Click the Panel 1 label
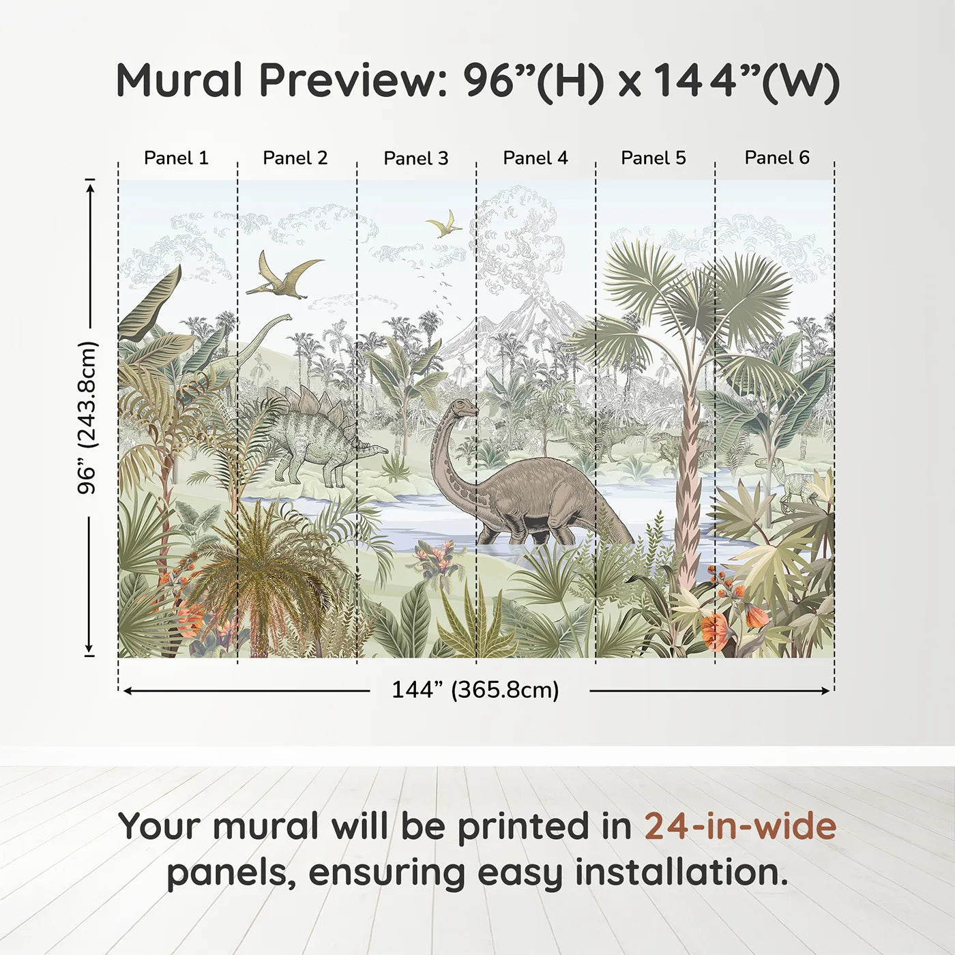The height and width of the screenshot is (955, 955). click(176, 158)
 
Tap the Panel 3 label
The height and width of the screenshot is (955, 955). click(416, 158)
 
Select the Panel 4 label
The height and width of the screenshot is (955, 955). click(535, 158)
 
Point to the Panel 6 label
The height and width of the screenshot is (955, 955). click(776, 158)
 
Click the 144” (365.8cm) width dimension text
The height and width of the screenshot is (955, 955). click(475, 690)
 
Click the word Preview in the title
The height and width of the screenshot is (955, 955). click(353, 80)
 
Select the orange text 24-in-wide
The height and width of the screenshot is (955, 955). click(740, 826)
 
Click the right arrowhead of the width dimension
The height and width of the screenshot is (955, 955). click(826, 691)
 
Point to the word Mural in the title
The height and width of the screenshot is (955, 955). click(179, 80)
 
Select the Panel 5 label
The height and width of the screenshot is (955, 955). click(653, 158)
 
